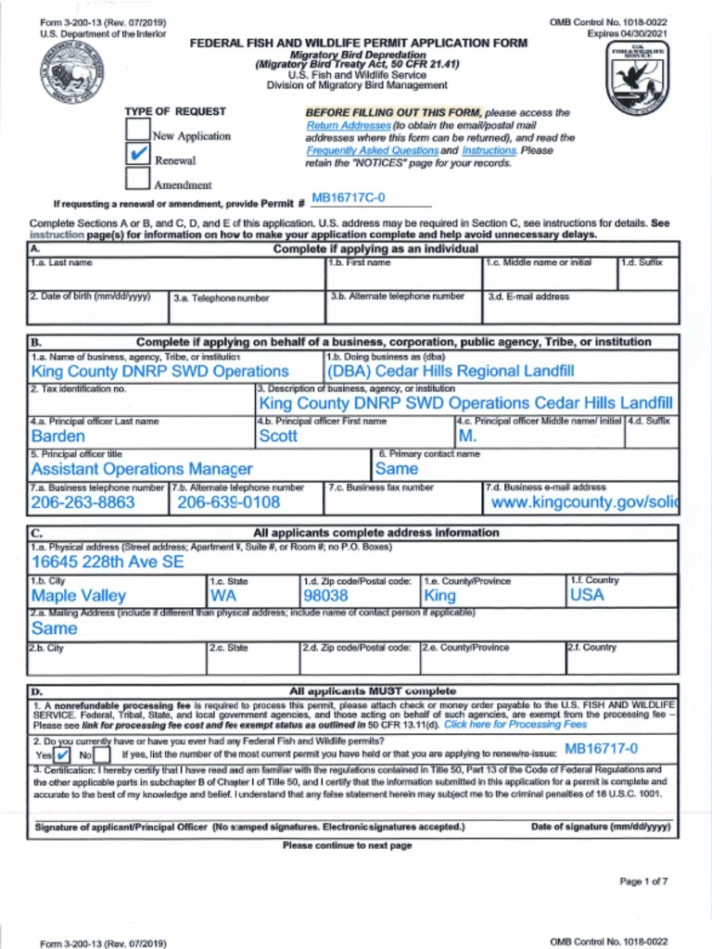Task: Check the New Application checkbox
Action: click(x=137, y=129)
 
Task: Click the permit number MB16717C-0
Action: click(x=348, y=198)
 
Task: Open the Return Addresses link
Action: click(x=349, y=125)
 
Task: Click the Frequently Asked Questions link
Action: click(x=372, y=150)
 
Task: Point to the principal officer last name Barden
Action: click(x=58, y=437)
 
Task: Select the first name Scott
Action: click(x=278, y=437)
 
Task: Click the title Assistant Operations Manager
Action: click(x=141, y=470)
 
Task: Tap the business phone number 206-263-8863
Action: click(x=83, y=503)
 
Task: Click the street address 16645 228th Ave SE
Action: click(x=108, y=563)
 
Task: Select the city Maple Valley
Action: click(x=79, y=596)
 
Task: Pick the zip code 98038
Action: click(x=326, y=596)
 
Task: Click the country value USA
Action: click(x=586, y=595)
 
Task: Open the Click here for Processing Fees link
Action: click(x=515, y=725)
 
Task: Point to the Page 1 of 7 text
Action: click(x=643, y=881)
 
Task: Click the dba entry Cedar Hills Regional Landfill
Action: click(x=451, y=372)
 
